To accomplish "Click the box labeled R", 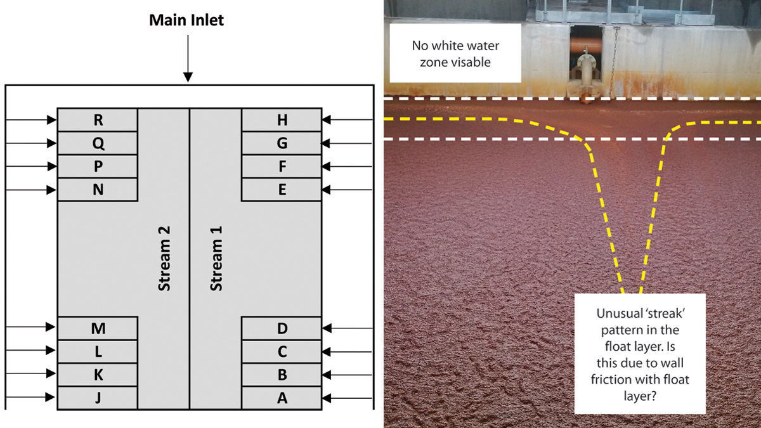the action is [98, 120].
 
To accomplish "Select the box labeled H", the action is [282, 120].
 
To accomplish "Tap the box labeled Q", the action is [98, 143].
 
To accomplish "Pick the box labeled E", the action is [282, 190].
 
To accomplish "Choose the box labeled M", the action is [98, 328].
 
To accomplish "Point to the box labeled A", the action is [282, 398].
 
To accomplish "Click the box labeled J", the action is [98, 398].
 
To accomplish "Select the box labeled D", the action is [282, 328].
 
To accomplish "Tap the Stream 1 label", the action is [216, 259].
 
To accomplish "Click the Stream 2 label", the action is [164, 259].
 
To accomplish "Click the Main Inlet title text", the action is [186, 20].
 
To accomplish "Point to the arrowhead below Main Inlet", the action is [188, 77].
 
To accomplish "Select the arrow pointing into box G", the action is [347, 143].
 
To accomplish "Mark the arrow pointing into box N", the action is [31, 190].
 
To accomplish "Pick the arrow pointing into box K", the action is [31, 373].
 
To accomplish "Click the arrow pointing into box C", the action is [347, 352].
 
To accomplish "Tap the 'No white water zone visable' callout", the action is [455, 53].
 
